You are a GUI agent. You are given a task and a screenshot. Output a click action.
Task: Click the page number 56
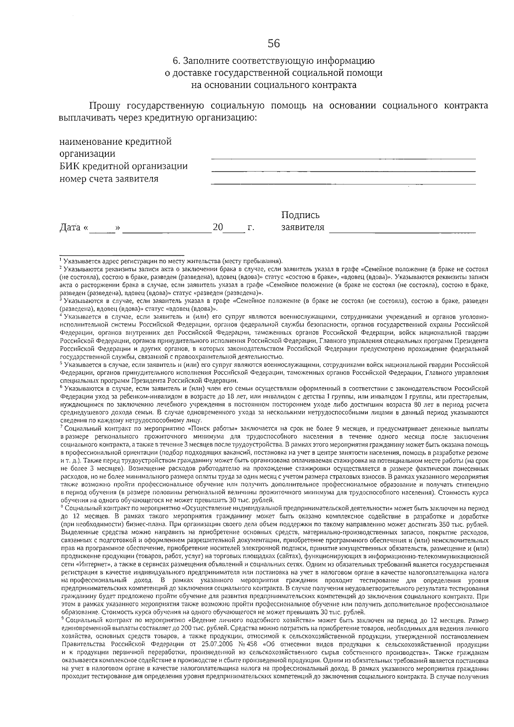tap(274, 43)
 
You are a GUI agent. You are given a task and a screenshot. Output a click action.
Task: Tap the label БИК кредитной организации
tap(123, 167)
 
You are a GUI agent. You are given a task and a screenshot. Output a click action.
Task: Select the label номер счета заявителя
tap(109, 179)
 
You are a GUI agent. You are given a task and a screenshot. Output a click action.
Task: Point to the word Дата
tap(70, 227)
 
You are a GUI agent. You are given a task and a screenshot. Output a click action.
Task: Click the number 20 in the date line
tap(218, 227)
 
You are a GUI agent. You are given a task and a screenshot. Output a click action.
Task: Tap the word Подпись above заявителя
tap(300, 215)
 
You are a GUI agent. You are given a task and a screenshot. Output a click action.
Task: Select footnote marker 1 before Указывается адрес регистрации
tap(60, 259)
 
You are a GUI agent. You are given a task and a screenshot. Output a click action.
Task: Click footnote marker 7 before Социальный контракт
tap(62, 427)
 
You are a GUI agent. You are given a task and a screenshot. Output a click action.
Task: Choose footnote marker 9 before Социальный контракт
tap(62, 618)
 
